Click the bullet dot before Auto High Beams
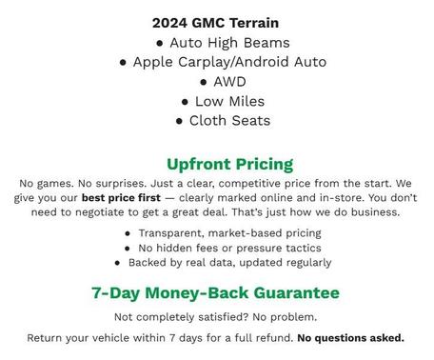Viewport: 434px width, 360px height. pos(160,44)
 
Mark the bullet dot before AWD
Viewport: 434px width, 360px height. pos(204,83)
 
